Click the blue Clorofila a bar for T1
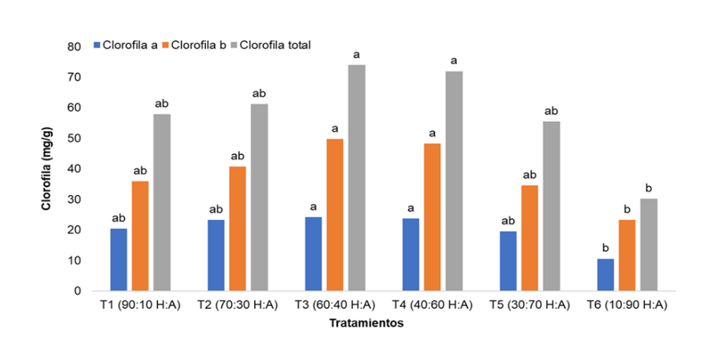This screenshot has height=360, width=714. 119,259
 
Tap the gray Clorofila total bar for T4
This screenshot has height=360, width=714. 454,181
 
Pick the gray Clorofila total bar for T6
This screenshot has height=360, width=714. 648,244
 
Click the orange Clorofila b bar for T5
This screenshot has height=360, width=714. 529,237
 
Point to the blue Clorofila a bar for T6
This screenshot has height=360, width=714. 605,274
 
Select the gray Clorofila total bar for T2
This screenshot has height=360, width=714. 259,197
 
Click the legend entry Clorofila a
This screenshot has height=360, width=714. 127,45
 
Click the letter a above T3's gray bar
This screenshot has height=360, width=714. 356,55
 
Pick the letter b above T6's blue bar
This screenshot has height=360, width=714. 605,249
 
